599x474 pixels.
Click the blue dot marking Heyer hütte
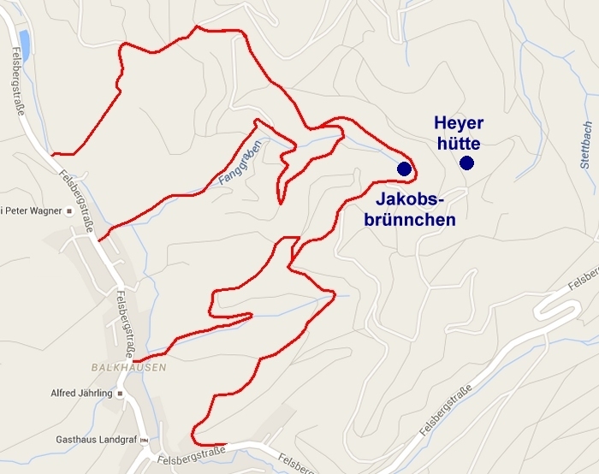pos(466,163)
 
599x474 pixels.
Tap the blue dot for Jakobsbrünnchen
pos(404,169)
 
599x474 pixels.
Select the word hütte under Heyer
pos(457,143)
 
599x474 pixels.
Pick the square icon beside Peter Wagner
pos(71,210)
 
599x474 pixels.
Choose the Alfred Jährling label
pos(81,394)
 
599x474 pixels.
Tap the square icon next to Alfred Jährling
pos(121,394)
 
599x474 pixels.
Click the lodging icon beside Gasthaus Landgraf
pos(144,440)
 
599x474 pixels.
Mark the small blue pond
pos(23,44)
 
